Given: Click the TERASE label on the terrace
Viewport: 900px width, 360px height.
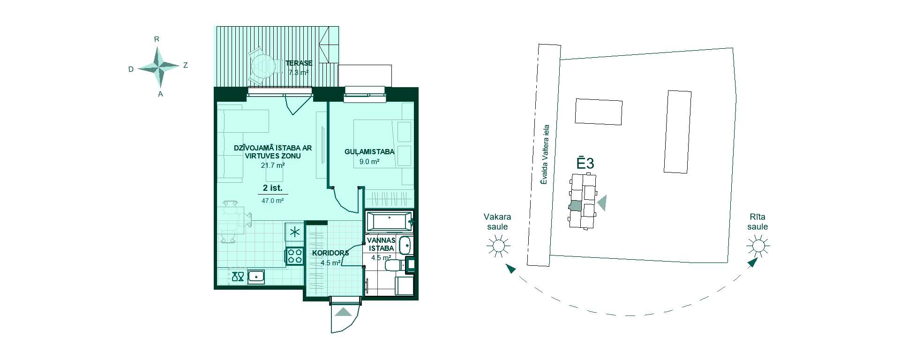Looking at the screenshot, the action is click(299, 63).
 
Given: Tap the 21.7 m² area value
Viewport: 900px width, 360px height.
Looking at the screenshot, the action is click(273, 165).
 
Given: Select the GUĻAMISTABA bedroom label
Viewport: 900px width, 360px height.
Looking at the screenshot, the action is click(369, 152).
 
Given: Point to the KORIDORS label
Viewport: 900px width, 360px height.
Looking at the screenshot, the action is click(331, 253).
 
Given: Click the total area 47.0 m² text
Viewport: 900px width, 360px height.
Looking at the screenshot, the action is click(273, 201).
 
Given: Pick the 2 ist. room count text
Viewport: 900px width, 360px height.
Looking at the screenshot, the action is click(273, 188).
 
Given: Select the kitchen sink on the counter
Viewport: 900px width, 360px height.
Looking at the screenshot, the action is click(256, 277).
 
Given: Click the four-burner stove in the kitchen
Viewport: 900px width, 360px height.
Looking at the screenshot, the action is click(294, 256).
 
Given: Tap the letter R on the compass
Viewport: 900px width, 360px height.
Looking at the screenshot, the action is click(157, 39).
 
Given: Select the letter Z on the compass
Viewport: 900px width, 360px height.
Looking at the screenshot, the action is click(186, 66).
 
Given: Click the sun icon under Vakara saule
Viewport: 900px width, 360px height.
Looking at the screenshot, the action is click(498, 246).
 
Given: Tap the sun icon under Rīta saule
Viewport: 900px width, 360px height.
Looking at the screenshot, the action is click(758, 246).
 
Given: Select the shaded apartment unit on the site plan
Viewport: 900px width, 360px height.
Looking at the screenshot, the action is click(575, 205).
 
